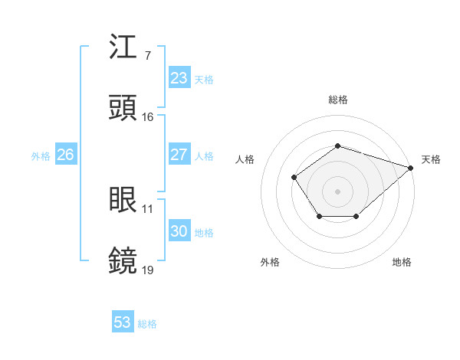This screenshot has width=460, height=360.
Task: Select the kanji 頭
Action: (123, 108)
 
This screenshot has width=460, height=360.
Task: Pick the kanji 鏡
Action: (123, 260)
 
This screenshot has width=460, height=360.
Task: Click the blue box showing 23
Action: (179, 78)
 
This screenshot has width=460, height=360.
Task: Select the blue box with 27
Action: (179, 155)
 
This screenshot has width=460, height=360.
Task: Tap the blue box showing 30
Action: (179, 231)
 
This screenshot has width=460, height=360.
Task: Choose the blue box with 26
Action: (65, 155)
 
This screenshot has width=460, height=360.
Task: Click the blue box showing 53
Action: (123, 322)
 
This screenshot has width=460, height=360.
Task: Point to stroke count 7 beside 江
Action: (147, 56)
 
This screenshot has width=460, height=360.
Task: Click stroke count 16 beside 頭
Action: (148, 117)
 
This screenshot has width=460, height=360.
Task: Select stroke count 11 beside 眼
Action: (147, 208)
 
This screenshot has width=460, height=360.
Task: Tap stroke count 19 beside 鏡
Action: (148, 270)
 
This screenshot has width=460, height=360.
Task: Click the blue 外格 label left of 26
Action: (41, 155)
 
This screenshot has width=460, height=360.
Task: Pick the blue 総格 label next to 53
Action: (147, 324)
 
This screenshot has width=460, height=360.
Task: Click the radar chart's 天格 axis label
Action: (431, 159)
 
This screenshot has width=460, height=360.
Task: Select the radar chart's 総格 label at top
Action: (338, 100)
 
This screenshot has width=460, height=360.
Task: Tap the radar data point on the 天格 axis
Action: (410, 168)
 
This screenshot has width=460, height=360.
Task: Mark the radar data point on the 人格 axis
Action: (294, 178)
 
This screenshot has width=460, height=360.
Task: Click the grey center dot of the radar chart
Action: (337, 191)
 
